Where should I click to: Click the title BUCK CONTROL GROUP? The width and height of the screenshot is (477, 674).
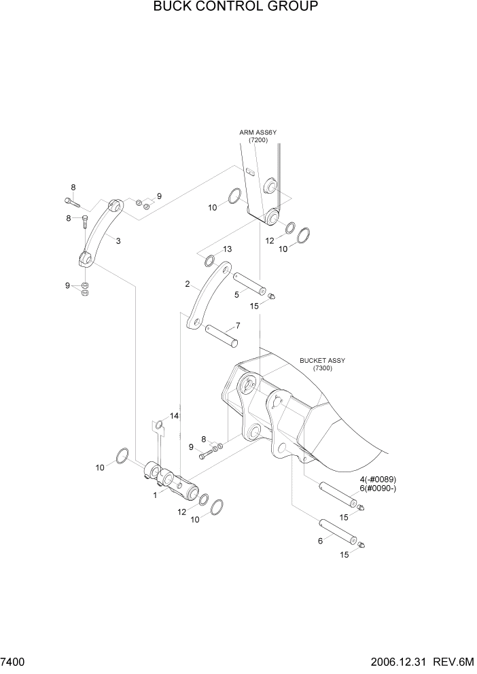(x=235, y=7)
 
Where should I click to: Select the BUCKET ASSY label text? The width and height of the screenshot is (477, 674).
(x=321, y=360)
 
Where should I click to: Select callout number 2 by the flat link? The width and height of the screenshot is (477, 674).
(x=187, y=284)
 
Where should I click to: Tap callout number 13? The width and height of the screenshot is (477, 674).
(x=227, y=249)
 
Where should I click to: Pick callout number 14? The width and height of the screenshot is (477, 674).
(x=174, y=416)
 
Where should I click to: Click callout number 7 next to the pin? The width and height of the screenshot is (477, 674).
(x=238, y=325)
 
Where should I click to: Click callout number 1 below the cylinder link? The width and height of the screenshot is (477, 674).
(x=155, y=495)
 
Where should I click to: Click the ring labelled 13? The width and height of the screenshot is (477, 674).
(x=211, y=260)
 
